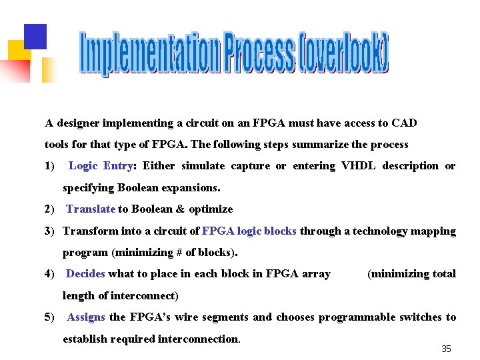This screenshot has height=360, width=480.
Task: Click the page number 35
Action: tap(447, 349)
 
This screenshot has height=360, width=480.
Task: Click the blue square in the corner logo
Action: tap(35, 35)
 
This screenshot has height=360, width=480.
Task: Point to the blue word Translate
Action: tap(91, 209)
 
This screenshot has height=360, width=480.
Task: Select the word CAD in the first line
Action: tap(405, 123)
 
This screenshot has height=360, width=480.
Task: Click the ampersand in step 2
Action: tap(180, 209)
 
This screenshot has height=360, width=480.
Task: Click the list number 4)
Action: tap(50, 273)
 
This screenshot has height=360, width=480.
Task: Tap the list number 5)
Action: tap(50, 317)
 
